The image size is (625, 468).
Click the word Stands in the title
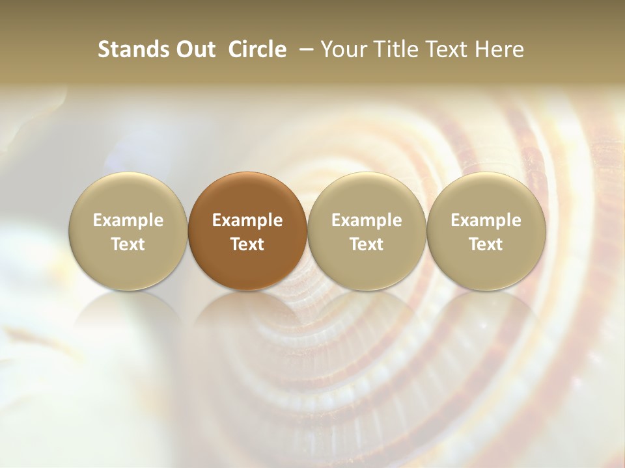click(x=132, y=49)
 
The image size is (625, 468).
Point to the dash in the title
click(x=303, y=49)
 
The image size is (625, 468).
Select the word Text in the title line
click(x=445, y=49)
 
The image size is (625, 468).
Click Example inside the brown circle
click(x=247, y=220)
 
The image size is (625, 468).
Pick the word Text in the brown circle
click(x=247, y=244)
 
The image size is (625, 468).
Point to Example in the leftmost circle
click(x=128, y=220)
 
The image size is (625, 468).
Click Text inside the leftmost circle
click(x=128, y=244)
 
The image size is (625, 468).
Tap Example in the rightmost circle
click(x=486, y=220)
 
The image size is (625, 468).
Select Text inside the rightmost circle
click(x=486, y=244)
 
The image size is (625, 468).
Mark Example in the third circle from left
click(x=367, y=220)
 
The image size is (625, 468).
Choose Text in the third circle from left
click(x=367, y=244)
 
